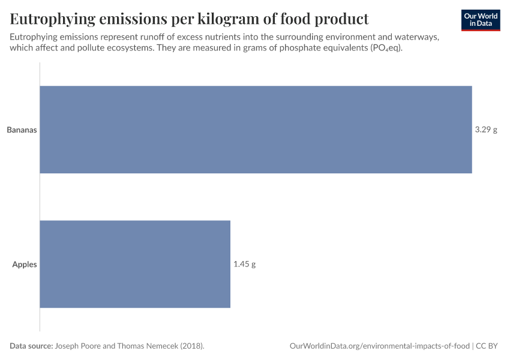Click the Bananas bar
pyautogui.click(x=256, y=130)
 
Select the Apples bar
pyautogui.click(x=135, y=264)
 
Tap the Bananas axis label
pyautogui.click(x=22, y=130)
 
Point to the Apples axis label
pyautogui.click(x=25, y=264)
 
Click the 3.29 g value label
pyautogui.click(x=486, y=130)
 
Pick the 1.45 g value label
pyautogui.click(x=244, y=264)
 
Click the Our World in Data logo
pyautogui.click(x=481, y=20)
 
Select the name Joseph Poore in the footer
pyautogui.click(x=80, y=346)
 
